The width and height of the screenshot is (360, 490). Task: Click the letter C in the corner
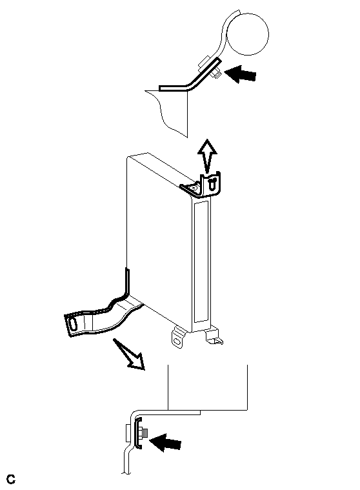(x=11, y=479)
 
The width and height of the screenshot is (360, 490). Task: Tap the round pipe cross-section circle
(x=248, y=34)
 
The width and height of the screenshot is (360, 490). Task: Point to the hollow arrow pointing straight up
(x=207, y=156)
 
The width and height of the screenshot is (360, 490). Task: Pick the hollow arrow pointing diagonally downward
(x=130, y=354)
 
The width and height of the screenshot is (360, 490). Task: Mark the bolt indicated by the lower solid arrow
(x=144, y=433)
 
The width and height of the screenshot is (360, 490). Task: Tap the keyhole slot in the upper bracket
(x=212, y=183)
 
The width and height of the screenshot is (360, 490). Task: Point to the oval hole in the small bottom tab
(x=177, y=342)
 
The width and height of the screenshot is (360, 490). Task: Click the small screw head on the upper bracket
(x=195, y=188)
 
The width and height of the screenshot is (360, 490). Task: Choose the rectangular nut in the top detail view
(x=204, y=62)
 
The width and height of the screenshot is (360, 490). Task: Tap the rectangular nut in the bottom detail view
(x=128, y=433)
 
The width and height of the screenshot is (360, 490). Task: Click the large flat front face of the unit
(x=159, y=238)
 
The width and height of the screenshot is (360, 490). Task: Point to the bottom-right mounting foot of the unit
(x=214, y=336)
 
